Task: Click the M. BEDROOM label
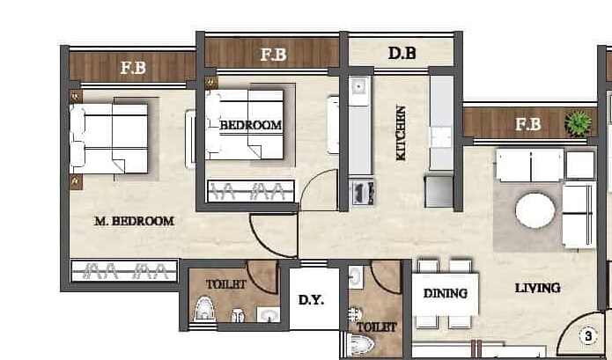click(x=133, y=221)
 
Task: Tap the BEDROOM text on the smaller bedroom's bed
click(x=251, y=125)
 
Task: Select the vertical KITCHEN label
click(x=401, y=133)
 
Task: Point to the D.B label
click(x=402, y=54)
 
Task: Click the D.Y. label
click(x=311, y=300)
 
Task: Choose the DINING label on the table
click(x=445, y=294)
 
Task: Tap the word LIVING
click(x=537, y=288)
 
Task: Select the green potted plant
click(x=578, y=123)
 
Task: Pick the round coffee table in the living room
click(x=535, y=211)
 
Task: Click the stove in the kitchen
click(x=363, y=192)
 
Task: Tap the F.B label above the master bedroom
click(x=133, y=68)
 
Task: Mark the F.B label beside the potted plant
click(x=527, y=124)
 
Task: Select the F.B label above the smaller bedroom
click(x=274, y=55)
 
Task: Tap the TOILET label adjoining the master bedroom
click(x=220, y=284)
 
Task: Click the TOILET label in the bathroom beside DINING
click(x=377, y=327)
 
